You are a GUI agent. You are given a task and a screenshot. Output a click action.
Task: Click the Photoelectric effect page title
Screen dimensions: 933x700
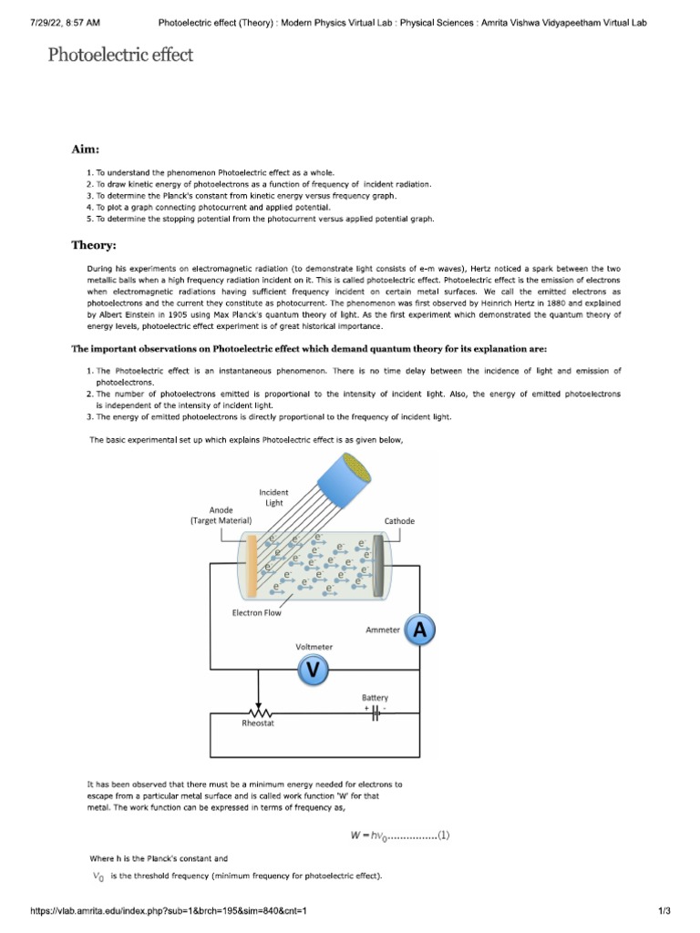pyautogui.click(x=120, y=56)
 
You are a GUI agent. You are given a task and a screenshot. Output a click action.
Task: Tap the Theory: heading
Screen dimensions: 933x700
pyautogui.click(x=94, y=245)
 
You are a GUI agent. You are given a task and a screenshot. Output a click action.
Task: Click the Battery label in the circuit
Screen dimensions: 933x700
pyautogui.click(x=375, y=698)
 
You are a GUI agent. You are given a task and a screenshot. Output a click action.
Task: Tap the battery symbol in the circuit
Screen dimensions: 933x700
pyautogui.click(x=376, y=715)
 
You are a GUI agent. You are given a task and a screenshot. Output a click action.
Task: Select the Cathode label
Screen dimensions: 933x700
pyautogui.click(x=398, y=521)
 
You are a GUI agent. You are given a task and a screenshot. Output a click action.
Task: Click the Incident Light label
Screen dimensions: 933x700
pyautogui.click(x=273, y=497)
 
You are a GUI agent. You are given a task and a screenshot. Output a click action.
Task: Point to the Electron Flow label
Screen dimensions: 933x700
pyautogui.click(x=256, y=613)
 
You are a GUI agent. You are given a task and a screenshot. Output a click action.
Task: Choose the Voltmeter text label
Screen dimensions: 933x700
pyautogui.click(x=314, y=646)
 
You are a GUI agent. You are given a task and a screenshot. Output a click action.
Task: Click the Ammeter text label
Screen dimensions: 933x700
pyautogui.click(x=382, y=630)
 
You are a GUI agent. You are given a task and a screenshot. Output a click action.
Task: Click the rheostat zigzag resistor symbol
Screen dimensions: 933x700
pyautogui.click(x=259, y=713)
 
